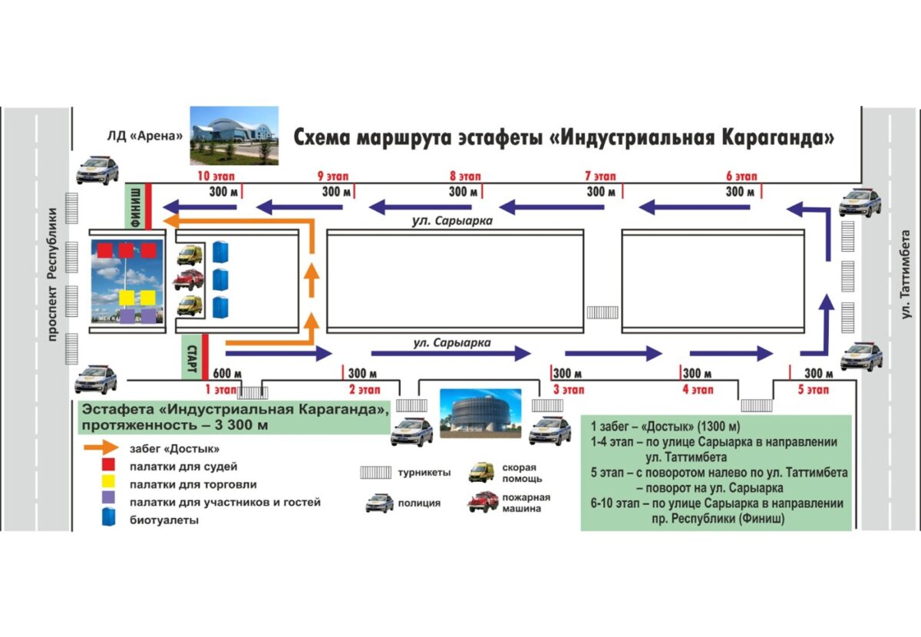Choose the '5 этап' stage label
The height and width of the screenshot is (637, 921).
pyautogui.click(x=812, y=389)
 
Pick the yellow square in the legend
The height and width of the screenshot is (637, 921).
pyautogui.click(x=107, y=484)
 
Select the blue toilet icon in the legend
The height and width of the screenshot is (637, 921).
pyautogui.click(x=107, y=520)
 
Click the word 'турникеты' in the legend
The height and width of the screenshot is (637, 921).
pyautogui.click(x=424, y=474)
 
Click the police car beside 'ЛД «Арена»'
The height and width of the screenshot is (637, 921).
pyautogui.click(x=97, y=170)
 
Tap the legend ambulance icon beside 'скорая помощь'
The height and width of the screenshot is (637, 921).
pyautogui.click(x=482, y=472)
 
